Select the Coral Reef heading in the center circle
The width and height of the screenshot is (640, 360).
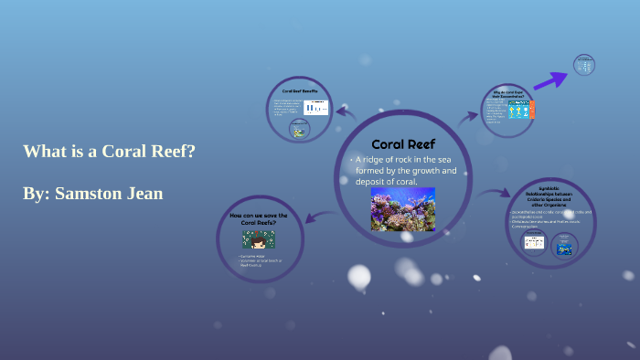click(x=403, y=144)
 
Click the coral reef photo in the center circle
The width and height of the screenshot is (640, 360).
click(x=402, y=209)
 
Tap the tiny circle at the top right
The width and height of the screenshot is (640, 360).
click(x=583, y=64)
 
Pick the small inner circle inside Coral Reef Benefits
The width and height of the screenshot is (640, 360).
click(x=299, y=130)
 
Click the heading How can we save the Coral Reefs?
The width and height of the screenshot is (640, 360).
click(x=259, y=218)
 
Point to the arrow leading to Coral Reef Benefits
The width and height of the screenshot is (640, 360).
click(x=346, y=112)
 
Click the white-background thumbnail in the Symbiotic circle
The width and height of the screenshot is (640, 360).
click(x=533, y=243)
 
